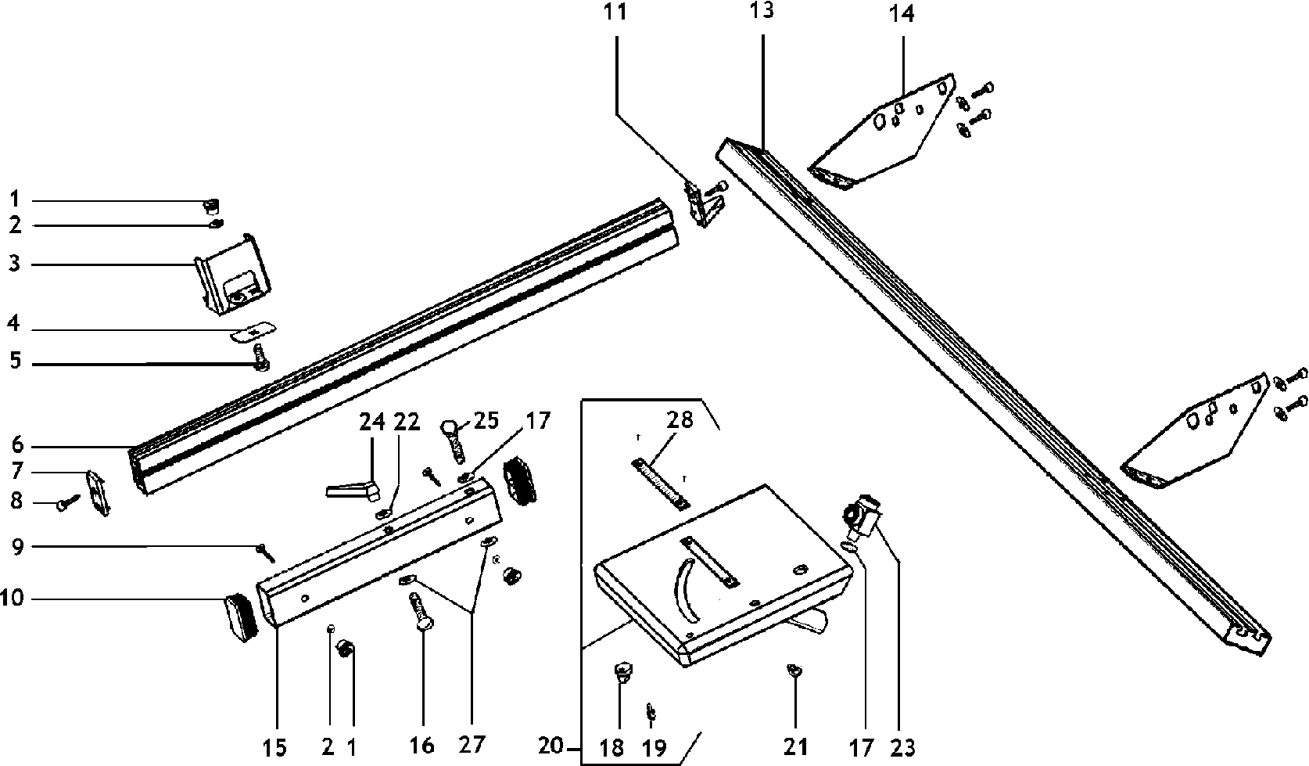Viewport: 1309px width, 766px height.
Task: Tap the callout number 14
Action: click(901, 13)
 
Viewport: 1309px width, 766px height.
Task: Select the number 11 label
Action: click(615, 13)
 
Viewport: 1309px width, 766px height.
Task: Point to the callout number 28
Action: click(680, 419)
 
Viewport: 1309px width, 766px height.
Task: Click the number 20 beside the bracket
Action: click(550, 746)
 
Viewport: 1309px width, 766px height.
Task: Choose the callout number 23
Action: click(902, 747)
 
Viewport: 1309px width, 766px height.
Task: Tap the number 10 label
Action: click(13, 599)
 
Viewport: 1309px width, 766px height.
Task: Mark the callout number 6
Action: click(16, 446)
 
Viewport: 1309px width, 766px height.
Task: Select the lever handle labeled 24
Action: click(350, 491)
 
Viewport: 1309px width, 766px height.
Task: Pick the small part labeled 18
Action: click(623, 671)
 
